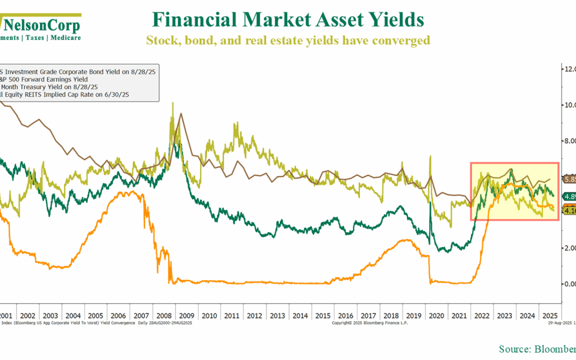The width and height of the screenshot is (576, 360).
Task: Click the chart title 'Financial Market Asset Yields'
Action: point(287,20)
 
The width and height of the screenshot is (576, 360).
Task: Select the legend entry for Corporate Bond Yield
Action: point(80,71)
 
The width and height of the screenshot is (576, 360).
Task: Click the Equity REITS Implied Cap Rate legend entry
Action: point(67,94)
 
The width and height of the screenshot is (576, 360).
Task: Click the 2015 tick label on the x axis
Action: point(323,315)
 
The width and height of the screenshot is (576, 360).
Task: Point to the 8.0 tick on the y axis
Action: point(569,141)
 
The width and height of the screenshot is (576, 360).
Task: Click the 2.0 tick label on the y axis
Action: point(569,248)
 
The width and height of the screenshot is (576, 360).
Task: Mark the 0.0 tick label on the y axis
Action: point(569,284)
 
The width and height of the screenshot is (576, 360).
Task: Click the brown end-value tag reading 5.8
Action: point(569,180)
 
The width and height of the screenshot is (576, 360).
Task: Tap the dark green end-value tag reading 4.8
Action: point(569,196)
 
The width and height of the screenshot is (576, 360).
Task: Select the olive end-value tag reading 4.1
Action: point(569,211)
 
